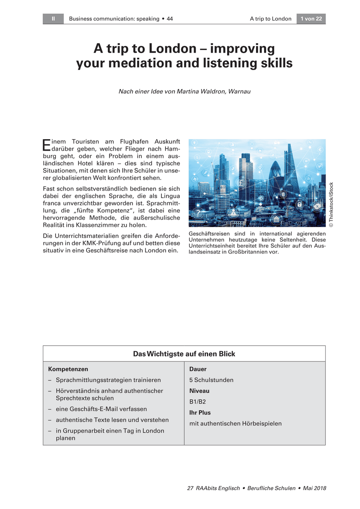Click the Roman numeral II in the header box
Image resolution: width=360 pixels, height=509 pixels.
53,19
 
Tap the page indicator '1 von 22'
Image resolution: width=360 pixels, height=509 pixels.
311,19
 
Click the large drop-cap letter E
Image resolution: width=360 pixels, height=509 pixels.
47,145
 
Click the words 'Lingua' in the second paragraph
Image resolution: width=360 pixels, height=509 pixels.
170,196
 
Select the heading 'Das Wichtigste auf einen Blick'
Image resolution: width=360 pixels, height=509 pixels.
184,353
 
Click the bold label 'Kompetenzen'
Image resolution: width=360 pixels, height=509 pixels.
68,369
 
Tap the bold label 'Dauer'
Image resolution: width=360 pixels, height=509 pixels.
197,369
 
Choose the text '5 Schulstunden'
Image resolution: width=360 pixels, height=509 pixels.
211,380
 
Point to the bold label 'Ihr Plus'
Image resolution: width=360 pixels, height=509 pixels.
200,412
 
